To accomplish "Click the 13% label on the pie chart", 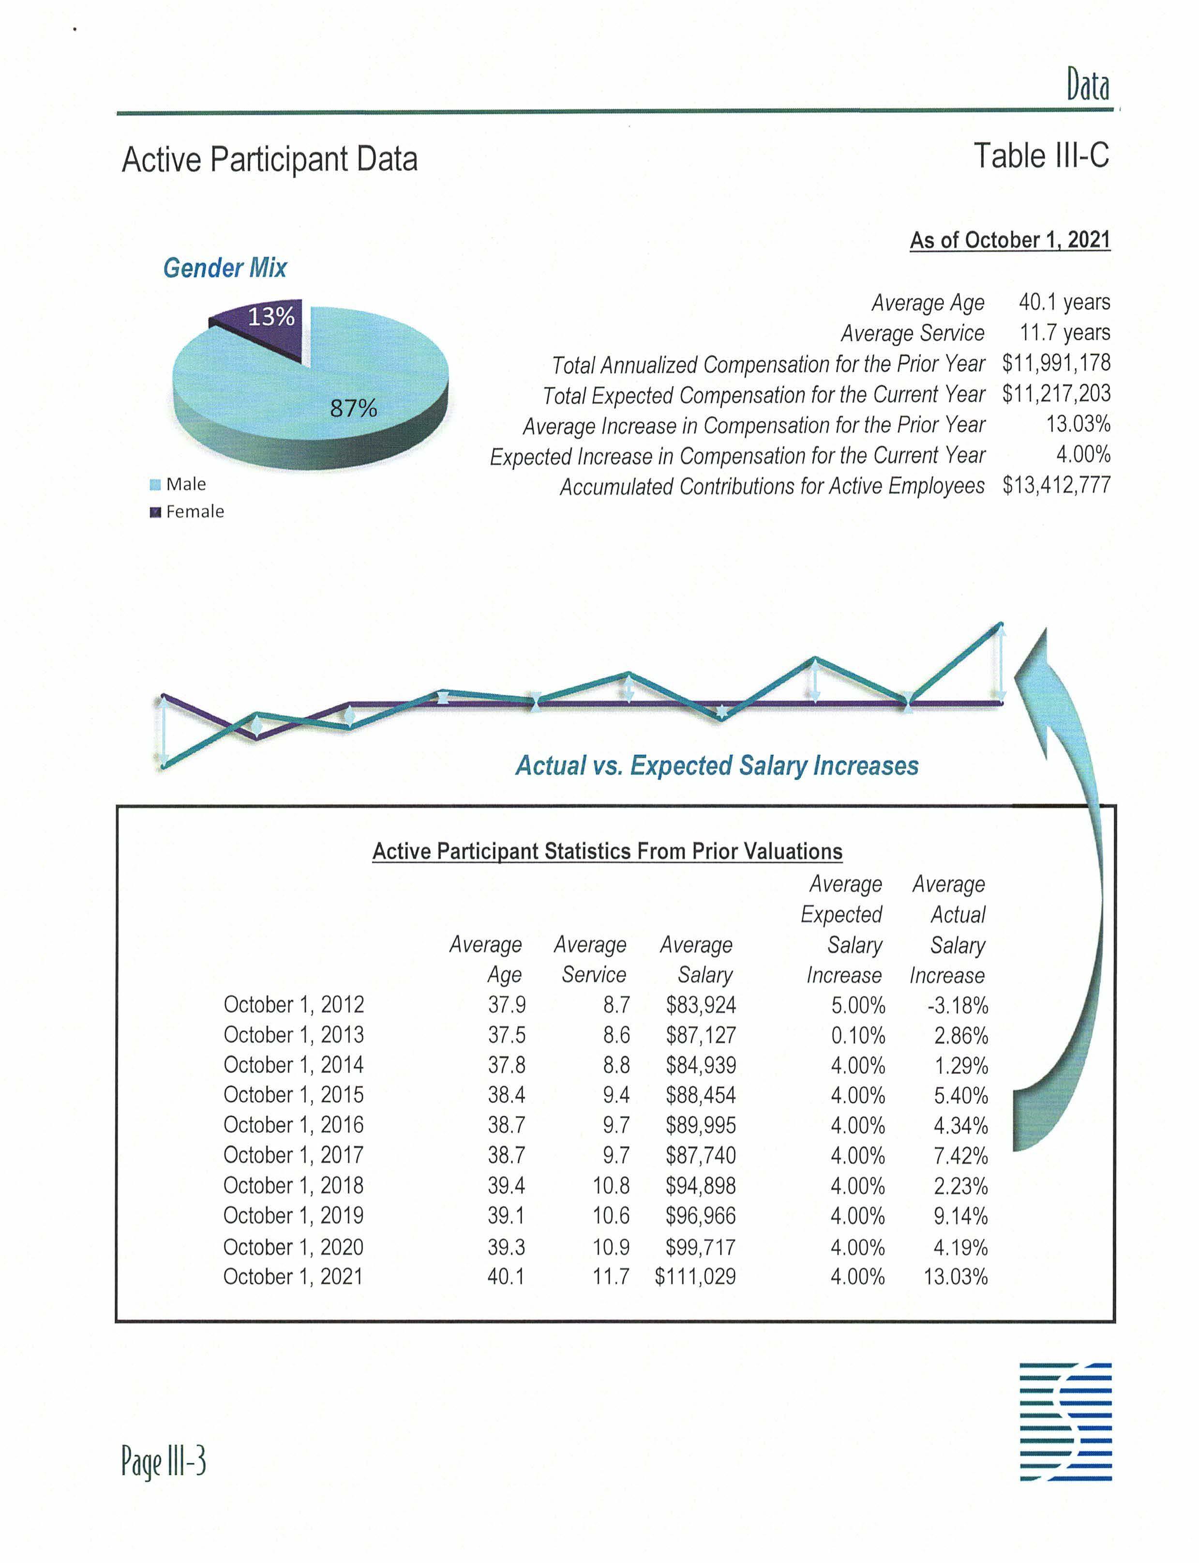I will (270, 316).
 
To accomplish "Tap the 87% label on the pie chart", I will (353, 408).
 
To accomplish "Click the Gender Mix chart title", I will (225, 268).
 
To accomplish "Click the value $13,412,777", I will (1056, 486).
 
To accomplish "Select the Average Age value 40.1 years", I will (1064, 302).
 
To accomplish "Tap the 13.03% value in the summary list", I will (1078, 424).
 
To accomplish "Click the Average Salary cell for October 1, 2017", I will (701, 1155).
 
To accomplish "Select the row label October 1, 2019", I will (293, 1215).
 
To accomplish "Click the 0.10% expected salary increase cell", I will (858, 1035).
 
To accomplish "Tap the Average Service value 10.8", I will (611, 1185).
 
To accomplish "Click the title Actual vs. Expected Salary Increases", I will (717, 766).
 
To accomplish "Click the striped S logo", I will (1065, 1421).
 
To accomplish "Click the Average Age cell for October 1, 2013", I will (507, 1035).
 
